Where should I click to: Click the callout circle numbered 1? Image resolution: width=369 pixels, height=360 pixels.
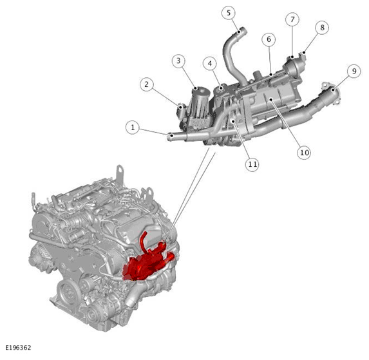pos(133,128)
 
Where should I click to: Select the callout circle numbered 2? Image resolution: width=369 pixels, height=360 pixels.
pos(147,84)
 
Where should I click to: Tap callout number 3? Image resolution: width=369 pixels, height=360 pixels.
pos(178,61)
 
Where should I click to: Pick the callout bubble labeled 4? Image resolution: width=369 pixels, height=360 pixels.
pos(210,63)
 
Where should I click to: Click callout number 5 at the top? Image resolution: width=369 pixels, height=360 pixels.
pos(229,13)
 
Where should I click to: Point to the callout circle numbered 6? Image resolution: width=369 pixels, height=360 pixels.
pos(269,39)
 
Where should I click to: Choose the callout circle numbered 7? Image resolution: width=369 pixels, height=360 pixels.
pos(292,19)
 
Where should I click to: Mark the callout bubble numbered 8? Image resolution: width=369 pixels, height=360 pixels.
pos(322,28)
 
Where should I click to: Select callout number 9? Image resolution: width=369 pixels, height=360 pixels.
pos(354,71)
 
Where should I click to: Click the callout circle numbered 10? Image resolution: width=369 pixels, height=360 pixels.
pos(304,153)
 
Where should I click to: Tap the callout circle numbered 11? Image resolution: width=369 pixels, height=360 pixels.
pos(252,164)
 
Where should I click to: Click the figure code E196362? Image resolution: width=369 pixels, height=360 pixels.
pos(18,348)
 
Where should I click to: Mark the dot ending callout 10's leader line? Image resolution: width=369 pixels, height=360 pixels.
pos(271,100)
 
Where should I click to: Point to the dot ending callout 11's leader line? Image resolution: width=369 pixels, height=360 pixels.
pos(234,121)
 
